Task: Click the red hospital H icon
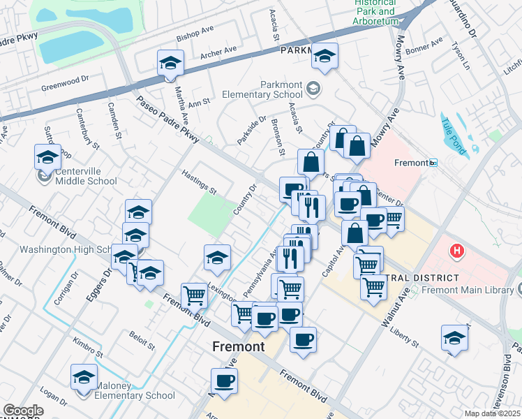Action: click(x=457, y=250)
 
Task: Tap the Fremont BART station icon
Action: click(x=433, y=163)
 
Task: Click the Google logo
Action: click(x=23, y=411)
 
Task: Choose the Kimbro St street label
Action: click(x=88, y=349)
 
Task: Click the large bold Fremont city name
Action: click(x=238, y=347)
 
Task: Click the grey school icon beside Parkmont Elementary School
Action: click(x=313, y=89)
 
